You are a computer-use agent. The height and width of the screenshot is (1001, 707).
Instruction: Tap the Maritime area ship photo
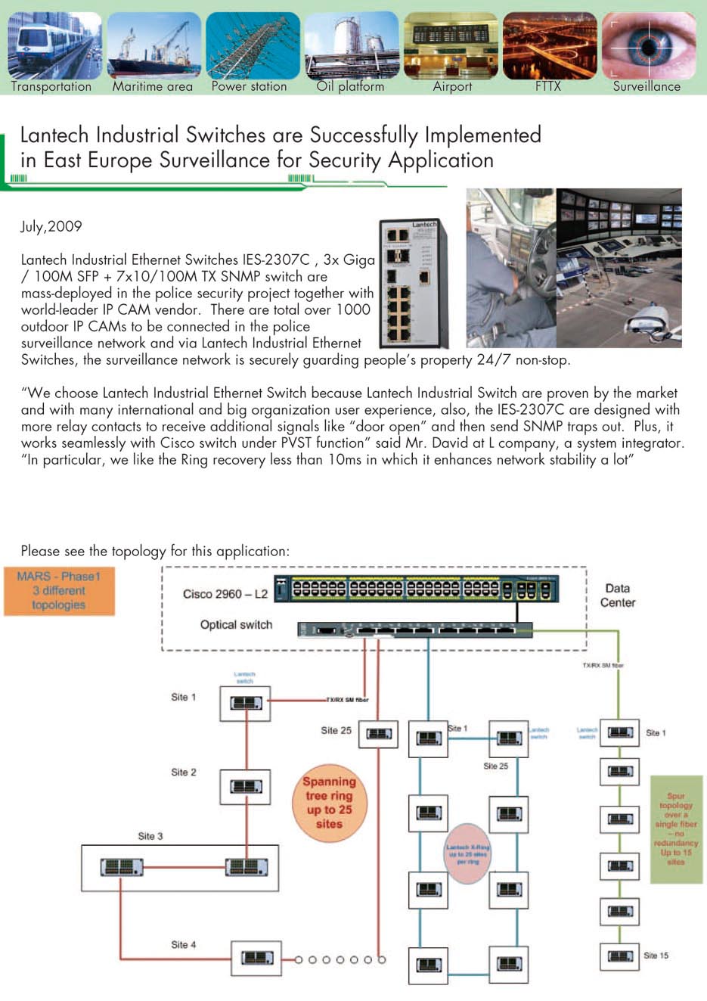pyautogui.click(x=153, y=45)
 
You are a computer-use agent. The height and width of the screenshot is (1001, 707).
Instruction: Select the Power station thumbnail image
pyautogui.click(x=252, y=45)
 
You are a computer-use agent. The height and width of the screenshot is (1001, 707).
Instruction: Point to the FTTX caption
pyautogui.click(x=548, y=86)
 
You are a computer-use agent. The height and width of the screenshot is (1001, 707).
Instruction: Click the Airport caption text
pyautogui.click(x=452, y=86)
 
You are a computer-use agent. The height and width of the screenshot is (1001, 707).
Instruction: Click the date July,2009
pyautogui.click(x=51, y=226)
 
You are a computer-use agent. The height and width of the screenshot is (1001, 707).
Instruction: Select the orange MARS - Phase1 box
pyautogui.click(x=59, y=590)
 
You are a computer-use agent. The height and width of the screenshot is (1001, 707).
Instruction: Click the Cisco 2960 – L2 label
pyautogui.click(x=225, y=594)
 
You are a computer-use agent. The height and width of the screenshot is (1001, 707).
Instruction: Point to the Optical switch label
pyautogui.click(x=236, y=625)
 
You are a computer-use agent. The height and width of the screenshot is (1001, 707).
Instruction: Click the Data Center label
pyautogui.click(x=618, y=595)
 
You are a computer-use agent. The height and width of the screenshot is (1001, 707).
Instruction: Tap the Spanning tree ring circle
pyautogui.click(x=329, y=802)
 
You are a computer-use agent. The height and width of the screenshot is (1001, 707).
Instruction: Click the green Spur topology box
pyautogui.click(x=676, y=828)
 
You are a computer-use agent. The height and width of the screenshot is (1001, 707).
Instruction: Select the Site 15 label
pyautogui.click(x=656, y=956)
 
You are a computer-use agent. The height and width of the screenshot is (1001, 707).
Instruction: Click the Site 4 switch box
pyautogui.click(x=256, y=958)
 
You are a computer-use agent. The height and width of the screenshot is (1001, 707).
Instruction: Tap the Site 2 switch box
pyautogui.click(x=246, y=787)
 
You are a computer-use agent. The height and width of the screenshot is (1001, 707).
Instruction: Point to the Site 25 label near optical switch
pyautogui.click(x=336, y=731)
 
